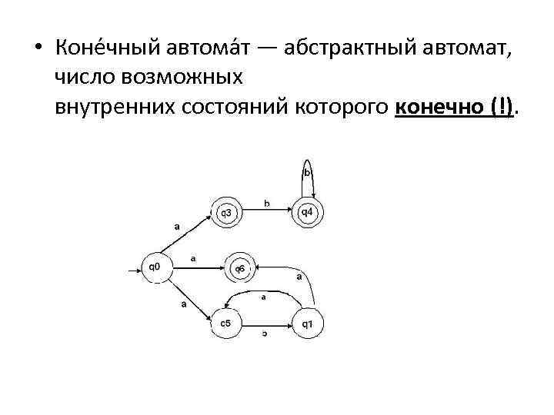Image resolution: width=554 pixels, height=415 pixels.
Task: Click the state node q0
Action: click(154, 267)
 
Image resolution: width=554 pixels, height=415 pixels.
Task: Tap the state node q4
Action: click(306, 211)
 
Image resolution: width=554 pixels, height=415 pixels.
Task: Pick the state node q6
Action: click(239, 268)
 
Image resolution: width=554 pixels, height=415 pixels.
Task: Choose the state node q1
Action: click(307, 323)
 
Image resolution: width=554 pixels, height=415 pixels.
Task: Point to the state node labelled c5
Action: click(226, 323)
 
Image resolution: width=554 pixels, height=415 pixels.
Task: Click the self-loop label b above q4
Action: click(306, 174)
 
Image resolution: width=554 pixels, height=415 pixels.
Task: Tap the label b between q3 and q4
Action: click(266, 204)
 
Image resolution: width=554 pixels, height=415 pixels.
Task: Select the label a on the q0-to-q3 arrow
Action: click(177, 227)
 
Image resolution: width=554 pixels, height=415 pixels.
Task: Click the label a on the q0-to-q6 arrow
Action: click(193, 259)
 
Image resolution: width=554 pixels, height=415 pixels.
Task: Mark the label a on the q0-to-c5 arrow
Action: click(183, 304)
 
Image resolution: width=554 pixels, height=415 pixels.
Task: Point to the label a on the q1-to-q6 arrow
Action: click(299, 276)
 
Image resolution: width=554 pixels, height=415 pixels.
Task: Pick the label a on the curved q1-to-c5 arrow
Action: click(264, 297)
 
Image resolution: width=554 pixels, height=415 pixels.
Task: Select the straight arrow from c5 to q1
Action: click(265, 324)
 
